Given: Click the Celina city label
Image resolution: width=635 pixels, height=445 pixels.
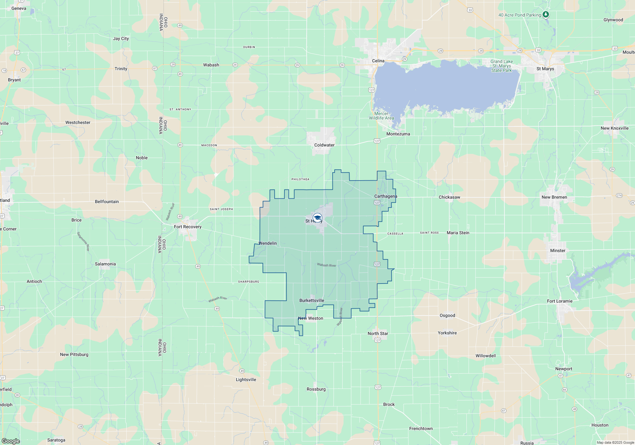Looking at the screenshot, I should coord(378,61).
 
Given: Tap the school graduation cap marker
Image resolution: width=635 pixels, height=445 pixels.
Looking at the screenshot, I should coord(317,218).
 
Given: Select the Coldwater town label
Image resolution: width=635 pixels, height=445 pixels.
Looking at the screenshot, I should coord(324,145).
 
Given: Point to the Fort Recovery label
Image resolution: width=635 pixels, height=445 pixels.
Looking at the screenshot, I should coord(188,227).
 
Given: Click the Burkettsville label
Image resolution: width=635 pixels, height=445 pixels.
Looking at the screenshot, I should coord(312,300).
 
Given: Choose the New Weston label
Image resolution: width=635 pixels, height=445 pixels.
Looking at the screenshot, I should coord(311,318).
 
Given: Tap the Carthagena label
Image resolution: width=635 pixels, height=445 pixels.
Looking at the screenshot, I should coord(385,196).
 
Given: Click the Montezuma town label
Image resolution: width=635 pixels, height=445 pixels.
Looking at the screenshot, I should coord(398,134).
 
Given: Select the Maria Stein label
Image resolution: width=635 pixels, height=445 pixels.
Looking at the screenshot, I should coord(458,233).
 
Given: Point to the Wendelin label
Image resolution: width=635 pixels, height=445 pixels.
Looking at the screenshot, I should coord(268,243).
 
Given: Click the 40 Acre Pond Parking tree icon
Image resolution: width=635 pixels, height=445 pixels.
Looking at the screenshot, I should coord(545,14).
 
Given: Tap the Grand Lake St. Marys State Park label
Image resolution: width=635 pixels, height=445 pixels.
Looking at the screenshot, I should coord(502,66).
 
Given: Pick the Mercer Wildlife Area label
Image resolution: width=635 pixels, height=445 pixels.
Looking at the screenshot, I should coord(381,116).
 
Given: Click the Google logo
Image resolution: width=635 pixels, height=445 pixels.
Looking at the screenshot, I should coord(11,441).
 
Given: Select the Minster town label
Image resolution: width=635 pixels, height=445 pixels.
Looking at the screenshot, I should coord(558,250).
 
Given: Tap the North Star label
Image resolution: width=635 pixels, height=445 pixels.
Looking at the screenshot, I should coord(378,333).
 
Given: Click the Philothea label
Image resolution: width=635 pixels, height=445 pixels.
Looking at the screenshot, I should coord(300,179).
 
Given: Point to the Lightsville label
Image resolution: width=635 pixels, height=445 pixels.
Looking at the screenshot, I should coord(246,380).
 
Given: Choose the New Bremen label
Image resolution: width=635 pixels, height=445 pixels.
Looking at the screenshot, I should coord(554,197).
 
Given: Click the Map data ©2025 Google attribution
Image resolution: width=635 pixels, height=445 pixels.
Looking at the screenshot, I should coord(615,442).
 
